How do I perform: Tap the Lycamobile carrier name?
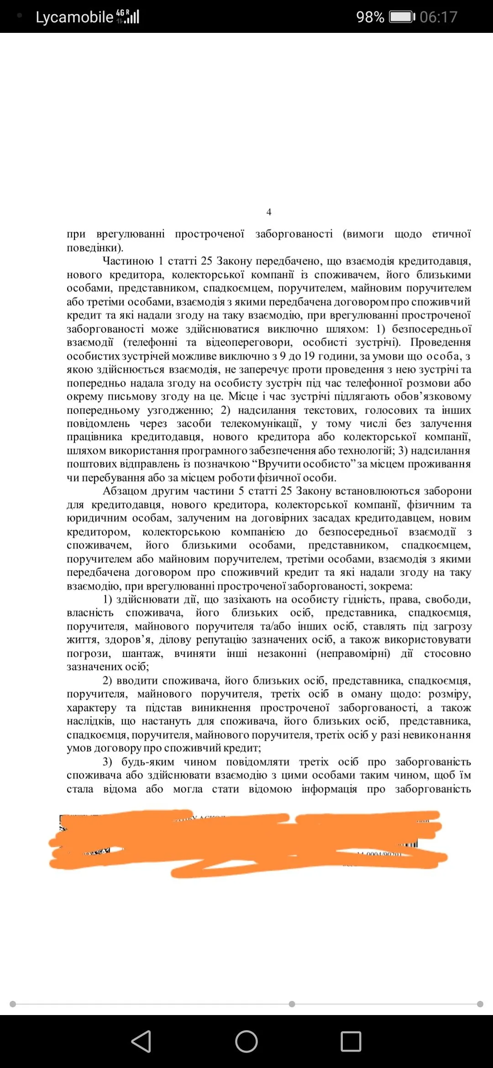74,17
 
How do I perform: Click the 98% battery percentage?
370,17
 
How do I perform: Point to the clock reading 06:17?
438,17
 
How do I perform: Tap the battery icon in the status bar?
402,17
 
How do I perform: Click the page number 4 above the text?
269,212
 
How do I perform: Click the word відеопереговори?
248,342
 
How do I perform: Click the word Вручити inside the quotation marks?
282,464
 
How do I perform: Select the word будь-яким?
148,762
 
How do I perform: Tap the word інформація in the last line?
329,789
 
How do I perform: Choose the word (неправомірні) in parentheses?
353,654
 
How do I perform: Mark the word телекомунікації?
261,424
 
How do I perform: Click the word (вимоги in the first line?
363,234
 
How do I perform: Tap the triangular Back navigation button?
141,1042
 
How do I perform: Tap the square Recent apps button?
351,1042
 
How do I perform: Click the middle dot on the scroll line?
292,1004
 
